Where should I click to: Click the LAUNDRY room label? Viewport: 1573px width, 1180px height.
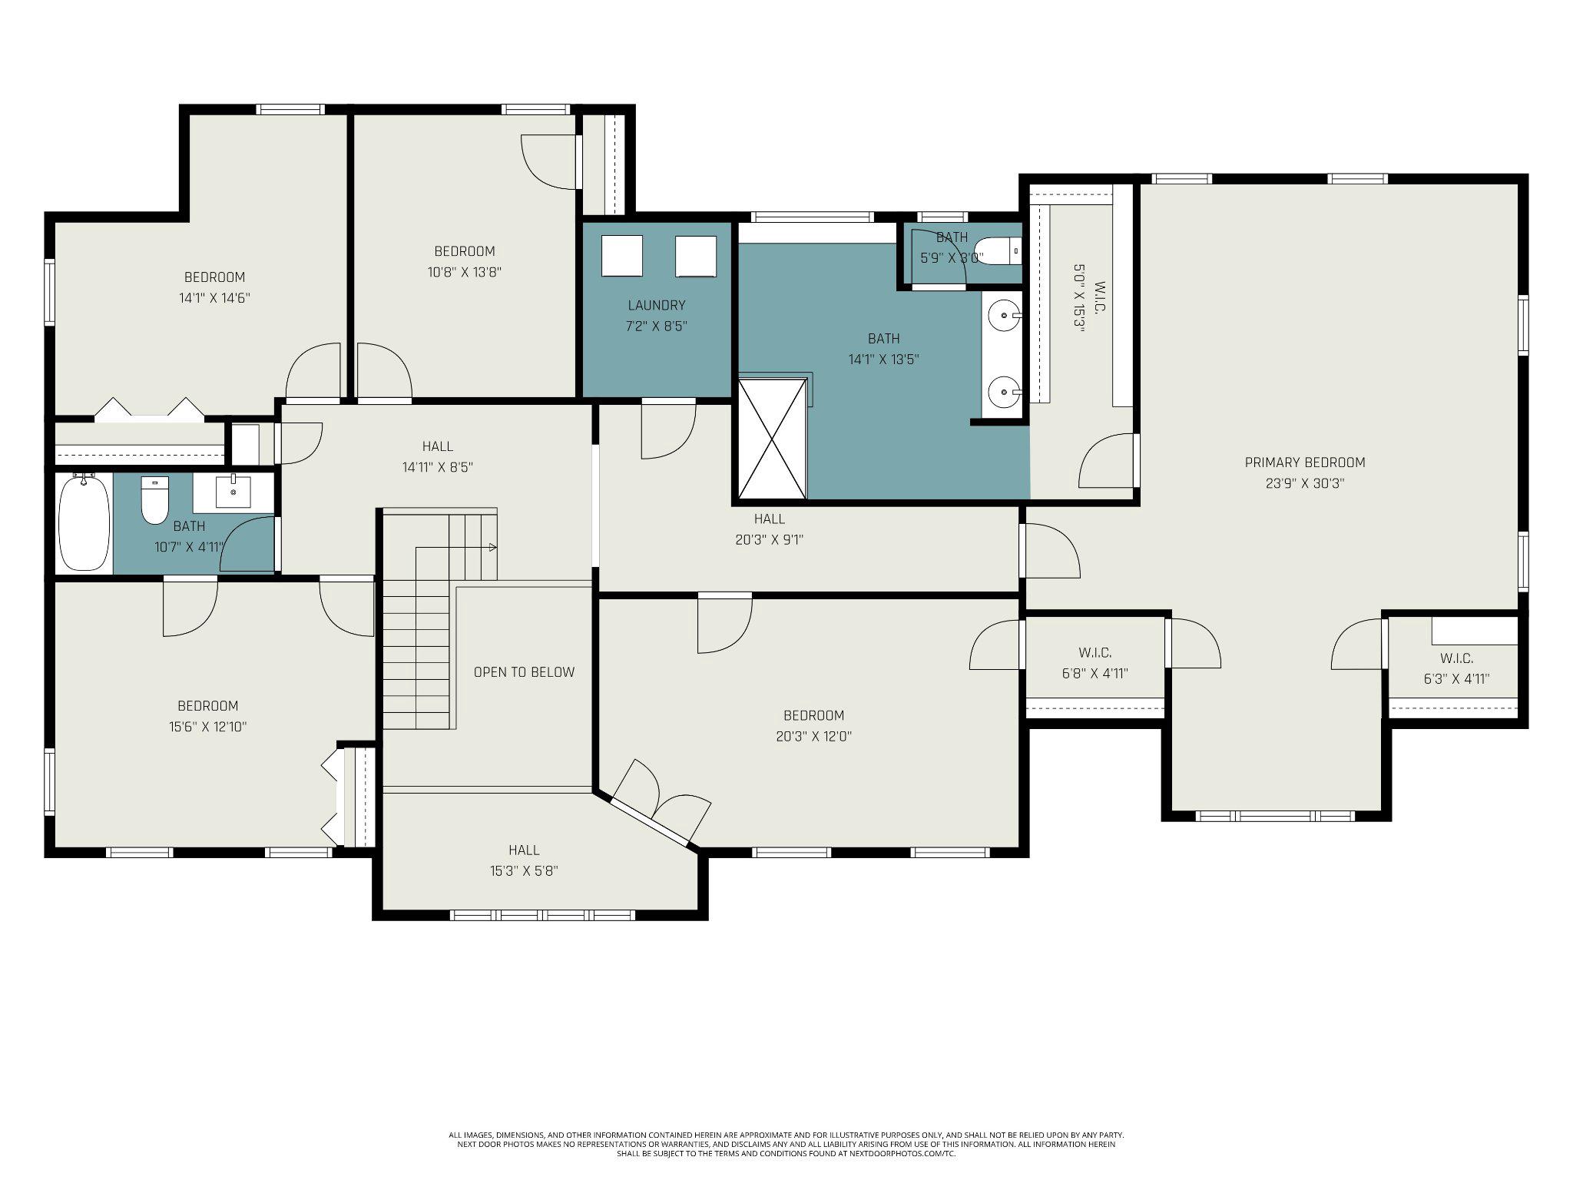(656, 305)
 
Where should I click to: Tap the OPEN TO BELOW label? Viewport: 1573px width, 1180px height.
(524, 672)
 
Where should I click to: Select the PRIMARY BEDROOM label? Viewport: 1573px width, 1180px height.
(1305, 462)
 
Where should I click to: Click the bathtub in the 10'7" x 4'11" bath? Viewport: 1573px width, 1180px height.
(85, 522)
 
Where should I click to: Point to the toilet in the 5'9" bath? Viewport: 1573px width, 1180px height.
(998, 251)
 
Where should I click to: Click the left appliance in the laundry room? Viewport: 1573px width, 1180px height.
(621, 256)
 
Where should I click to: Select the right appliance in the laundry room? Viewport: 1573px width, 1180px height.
(695, 256)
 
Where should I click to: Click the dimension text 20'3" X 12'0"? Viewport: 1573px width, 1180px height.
(813, 736)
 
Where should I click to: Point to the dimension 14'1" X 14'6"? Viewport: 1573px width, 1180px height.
(214, 297)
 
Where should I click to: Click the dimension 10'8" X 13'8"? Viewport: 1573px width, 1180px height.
(465, 271)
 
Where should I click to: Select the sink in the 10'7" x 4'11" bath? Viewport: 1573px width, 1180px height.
(233, 492)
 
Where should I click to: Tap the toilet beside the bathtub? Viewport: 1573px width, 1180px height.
(154, 500)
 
